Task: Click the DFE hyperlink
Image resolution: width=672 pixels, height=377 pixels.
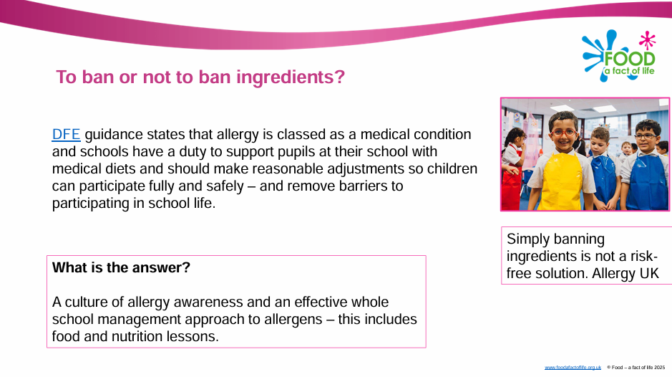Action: point(66,135)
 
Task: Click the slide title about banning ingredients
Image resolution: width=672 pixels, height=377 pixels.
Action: point(200,77)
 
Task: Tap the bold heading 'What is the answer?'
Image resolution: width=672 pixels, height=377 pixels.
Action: point(121,267)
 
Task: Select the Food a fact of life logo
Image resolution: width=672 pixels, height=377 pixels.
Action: point(619,56)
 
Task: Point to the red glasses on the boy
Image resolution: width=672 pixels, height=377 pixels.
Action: point(563,133)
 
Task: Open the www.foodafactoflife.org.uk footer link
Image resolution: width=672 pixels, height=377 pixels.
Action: point(573,368)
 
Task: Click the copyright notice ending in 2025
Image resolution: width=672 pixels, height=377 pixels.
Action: point(636,368)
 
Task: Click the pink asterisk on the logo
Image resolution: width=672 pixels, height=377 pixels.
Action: point(647,40)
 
